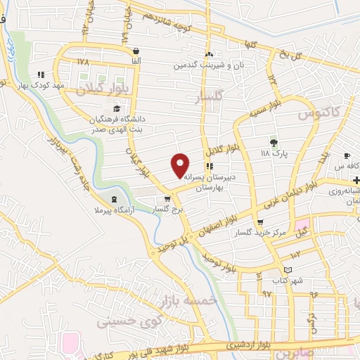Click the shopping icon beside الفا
136,51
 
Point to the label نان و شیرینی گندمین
208,64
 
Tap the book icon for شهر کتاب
287,270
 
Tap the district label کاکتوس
318,112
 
